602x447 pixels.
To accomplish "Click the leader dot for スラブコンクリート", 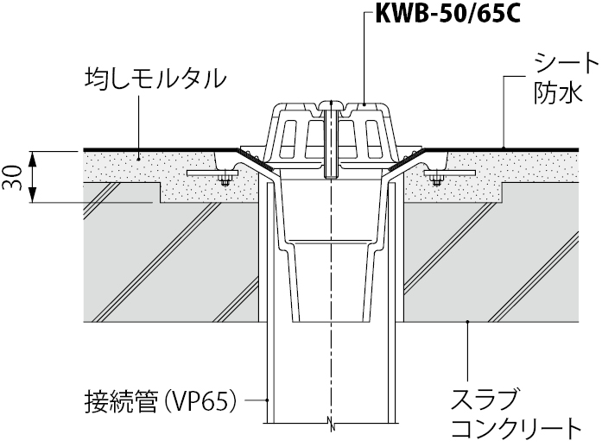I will [467, 322].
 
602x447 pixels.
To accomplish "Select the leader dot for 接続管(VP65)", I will [268, 400].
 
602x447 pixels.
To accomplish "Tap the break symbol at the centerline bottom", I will [332, 423].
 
